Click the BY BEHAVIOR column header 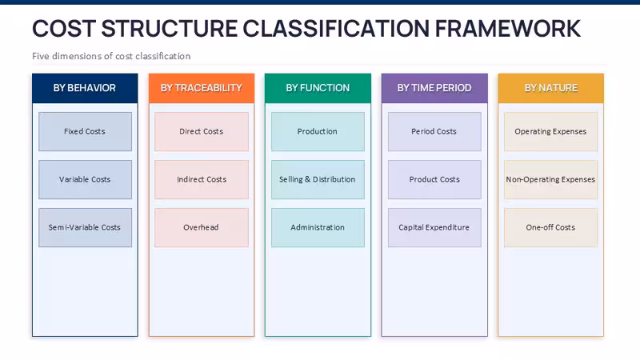tap(85, 88)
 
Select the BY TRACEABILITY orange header tap(202, 88)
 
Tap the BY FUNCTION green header tap(318, 88)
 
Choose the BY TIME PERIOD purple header tap(434, 88)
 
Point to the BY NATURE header tap(551, 88)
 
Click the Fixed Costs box tap(85, 131)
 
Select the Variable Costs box tap(85, 179)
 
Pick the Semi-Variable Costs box tap(85, 227)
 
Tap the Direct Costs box tap(202, 131)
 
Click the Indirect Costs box tap(202, 179)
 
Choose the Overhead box tap(202, 227)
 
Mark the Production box tap(318, 131)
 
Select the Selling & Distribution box tap(318, 179)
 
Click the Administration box tap(318, 227)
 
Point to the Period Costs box tap(434, 131)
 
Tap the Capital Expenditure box tap(434, 227)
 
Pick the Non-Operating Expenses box tap(551, 179)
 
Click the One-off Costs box tap(551, 227)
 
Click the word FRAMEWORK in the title tap(507, 29)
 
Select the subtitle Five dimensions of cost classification tap(111, 56)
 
